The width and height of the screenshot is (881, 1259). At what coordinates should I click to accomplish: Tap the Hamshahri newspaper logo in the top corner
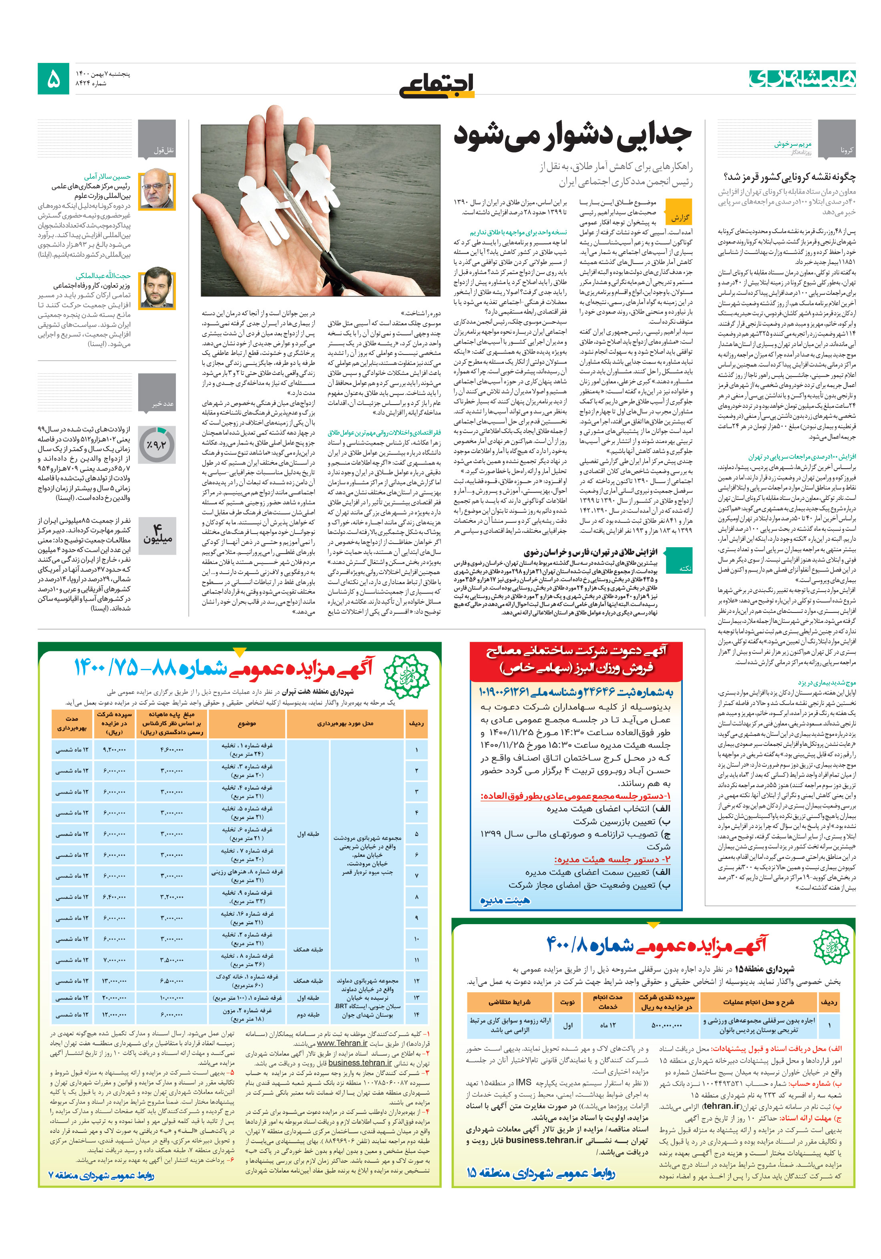(801, 79)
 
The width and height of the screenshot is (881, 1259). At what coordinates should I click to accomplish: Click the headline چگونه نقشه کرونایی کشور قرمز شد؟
(789, 177)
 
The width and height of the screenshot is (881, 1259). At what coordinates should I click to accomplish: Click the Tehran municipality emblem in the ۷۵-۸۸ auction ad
(406, 675)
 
